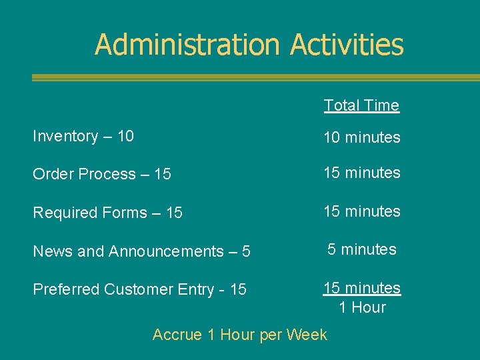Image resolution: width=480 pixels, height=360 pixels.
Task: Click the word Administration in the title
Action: tap(187, 45)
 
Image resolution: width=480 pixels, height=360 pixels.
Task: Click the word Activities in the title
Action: tap(347, 45)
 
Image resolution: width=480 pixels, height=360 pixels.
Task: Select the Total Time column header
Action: tap(361, 105)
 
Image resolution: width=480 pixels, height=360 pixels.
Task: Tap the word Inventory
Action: tap(65, 136)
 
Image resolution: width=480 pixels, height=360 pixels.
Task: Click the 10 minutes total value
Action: tap(361, 138)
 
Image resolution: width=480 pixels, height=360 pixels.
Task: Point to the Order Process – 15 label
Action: tap(102, 174)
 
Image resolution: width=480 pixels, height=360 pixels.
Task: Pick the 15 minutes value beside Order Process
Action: tap(361, 173)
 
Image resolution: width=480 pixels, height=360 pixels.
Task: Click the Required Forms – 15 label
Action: tap(107, 213)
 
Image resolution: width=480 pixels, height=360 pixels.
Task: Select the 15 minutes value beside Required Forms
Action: tap(361, 211)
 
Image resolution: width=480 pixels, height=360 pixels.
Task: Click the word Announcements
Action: tap(166, 251)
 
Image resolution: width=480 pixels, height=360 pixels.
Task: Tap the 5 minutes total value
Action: tap(361, 249)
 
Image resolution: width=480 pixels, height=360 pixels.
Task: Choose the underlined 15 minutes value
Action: tap(361, 288)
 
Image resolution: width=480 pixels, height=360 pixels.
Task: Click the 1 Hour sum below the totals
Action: tap(362, 307)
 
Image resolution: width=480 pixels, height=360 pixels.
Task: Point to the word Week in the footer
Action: tap(308, 335)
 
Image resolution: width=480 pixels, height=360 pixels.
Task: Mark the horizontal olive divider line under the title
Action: tap(256, 77)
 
